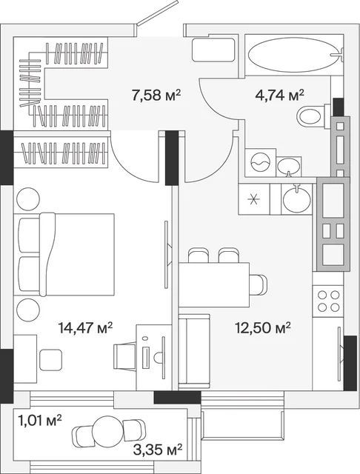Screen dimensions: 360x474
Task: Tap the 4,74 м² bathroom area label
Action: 279,96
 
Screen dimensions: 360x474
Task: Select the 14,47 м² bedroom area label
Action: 85,327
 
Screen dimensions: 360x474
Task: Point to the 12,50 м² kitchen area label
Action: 263,327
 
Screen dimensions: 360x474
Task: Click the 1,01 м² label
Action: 40,421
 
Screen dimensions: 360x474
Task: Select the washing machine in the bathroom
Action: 260,162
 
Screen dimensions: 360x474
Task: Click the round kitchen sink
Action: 296,198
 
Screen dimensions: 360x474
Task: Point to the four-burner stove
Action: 328,301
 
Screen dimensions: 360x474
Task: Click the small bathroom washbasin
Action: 289,166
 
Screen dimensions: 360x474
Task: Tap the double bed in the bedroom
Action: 64,254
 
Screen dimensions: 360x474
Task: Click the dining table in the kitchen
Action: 213,284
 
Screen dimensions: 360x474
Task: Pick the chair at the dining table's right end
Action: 258,284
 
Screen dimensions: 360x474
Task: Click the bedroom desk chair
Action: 125,355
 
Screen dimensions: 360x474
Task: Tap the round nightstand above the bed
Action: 28,199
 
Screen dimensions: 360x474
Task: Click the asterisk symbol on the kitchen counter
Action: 253,200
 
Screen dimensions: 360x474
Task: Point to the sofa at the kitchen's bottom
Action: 194,351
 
